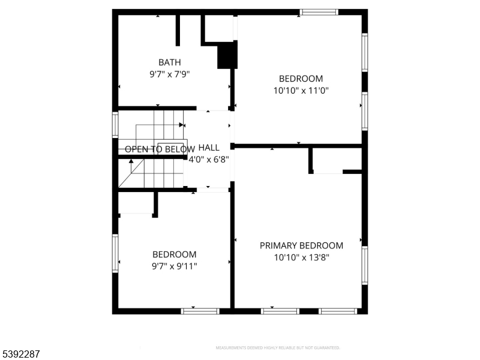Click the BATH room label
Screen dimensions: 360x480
[x=169, y=62]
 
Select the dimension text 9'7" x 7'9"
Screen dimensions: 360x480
[x=169, y=74]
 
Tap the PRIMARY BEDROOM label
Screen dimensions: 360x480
[x=301, y=245]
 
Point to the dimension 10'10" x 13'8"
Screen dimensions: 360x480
[x=301, y=257]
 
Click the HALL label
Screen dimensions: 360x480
[x=208, y=148]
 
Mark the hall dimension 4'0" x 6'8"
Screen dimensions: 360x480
[x=209, y=160]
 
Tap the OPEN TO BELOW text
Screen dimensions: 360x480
[x=160, y=149]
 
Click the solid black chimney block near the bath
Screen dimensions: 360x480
[x=227, y=55]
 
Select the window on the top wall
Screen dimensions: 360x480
[x=319, y=12]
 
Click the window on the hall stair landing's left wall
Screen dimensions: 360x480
[x=115, y=125]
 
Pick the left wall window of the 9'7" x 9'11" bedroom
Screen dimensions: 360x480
[x=115, y=253]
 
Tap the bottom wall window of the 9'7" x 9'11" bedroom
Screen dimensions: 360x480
[x=200, y=311]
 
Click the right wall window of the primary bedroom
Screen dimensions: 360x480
[x=364, y=265]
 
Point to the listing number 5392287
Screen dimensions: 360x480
[x=20, y=354]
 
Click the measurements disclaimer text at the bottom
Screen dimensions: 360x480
[x=278, y=348]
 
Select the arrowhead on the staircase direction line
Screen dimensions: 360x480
[x=181, y=125]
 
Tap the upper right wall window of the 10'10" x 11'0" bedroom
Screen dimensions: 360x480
[x=364, y=53]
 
